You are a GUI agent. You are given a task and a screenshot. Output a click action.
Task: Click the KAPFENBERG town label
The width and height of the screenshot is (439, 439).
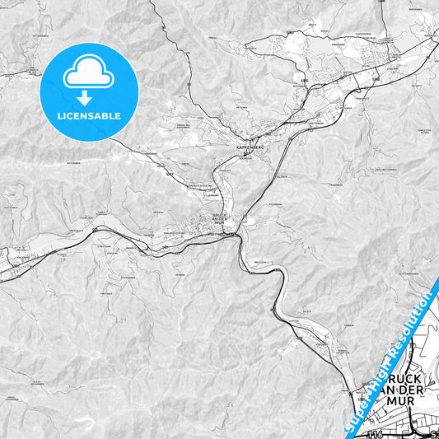[249, 146]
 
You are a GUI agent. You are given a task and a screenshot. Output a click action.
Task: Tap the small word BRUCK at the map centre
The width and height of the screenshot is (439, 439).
[219, 215]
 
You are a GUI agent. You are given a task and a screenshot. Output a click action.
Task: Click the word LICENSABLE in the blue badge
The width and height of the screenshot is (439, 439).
[89, 116]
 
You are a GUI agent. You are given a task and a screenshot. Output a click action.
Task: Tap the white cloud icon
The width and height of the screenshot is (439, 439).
[89, 75]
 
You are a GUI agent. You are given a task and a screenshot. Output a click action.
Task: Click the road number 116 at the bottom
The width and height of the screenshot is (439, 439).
[376, 434]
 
